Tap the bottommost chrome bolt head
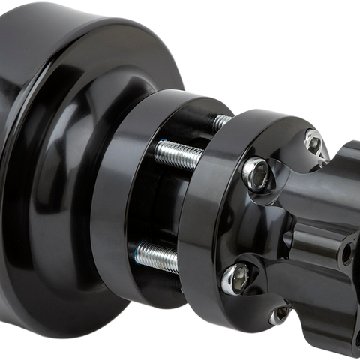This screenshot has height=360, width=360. (x=280, y=316)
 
